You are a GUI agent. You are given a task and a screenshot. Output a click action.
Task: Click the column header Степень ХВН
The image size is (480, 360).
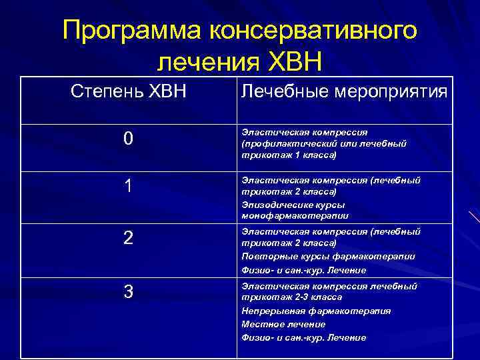point(129,90)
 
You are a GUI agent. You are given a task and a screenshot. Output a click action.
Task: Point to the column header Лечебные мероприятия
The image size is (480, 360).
point(344,92)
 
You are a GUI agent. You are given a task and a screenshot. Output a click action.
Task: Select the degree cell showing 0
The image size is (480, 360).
point(128,139)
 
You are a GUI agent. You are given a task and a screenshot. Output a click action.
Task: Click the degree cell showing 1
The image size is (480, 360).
point(128,187)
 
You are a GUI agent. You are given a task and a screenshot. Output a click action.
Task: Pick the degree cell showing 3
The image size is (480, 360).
point(128,292)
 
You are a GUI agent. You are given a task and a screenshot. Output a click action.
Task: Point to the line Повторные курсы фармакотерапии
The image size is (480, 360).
point(328,257)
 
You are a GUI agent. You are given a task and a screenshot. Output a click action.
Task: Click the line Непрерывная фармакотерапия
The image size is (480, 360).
point(316,311)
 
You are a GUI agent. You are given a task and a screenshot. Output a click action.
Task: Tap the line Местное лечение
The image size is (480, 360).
point(283,324)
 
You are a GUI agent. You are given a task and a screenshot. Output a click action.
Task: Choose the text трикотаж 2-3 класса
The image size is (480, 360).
point(291,297)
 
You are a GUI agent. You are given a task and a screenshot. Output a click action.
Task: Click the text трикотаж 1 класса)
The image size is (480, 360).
point(289,155)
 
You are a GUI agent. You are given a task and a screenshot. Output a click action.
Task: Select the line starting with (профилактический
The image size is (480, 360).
point(324,143)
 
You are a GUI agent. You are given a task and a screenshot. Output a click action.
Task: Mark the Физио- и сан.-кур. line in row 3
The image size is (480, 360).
point(303,337)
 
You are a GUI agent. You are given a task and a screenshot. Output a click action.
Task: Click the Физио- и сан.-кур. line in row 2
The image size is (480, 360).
point(303,270)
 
